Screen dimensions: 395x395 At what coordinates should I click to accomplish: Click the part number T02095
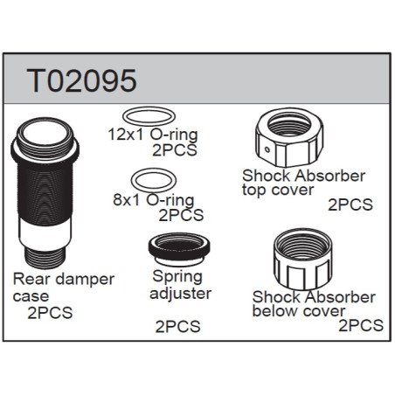coord(81,80)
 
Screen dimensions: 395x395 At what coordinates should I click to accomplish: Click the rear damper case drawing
coord(45,193)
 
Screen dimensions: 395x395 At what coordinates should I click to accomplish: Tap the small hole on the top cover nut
coord(267,150)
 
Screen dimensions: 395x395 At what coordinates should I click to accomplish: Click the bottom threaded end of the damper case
coord(45,258)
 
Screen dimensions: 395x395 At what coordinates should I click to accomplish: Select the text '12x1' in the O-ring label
coord(126,135)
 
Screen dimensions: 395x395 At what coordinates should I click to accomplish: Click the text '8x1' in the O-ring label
coord(127,200)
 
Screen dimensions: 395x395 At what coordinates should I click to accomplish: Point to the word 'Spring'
coord(177,277)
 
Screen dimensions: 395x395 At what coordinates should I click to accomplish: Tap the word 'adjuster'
coord(180,293)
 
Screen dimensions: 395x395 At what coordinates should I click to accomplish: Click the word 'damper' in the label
coord(85,280)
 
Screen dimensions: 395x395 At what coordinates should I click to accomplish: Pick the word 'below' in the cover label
coord(271,310)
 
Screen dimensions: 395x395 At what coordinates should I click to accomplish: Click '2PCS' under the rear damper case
coord(50,313)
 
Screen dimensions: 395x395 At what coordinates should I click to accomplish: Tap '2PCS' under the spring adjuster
coord(178,327)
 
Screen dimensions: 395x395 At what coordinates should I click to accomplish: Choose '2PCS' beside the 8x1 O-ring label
coord(181,215)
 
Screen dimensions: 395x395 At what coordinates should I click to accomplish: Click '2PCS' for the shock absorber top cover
coord(350,204)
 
